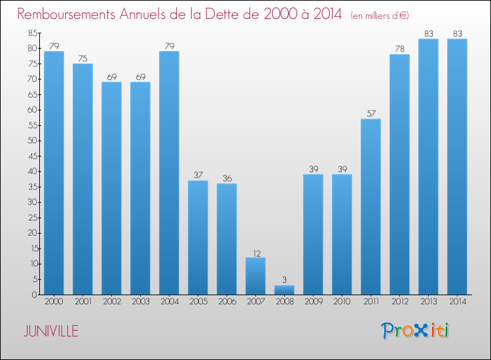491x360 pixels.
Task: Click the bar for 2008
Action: click(284, 290)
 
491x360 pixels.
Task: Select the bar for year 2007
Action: click(255, 276)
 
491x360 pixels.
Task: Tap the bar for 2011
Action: click(371, 207)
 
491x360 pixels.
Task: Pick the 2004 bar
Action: click(169, 173)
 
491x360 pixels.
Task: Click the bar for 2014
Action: click(457, 167)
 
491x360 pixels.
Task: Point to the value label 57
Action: click(371, 113)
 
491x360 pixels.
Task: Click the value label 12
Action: click(255, 252)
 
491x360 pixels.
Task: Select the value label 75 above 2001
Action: click(82, 58)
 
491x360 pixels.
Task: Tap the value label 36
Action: click(227, 178)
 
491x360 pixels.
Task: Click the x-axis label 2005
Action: click(198, 302)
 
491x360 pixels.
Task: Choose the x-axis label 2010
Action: click(342, 302)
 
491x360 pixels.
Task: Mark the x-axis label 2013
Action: click(428, 302)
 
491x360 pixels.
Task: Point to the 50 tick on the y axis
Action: click(32, 141)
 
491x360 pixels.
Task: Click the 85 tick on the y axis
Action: click(32, 33)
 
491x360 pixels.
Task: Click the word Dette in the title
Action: click(221, 14)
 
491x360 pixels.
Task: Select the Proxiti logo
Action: click(415, 331)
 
